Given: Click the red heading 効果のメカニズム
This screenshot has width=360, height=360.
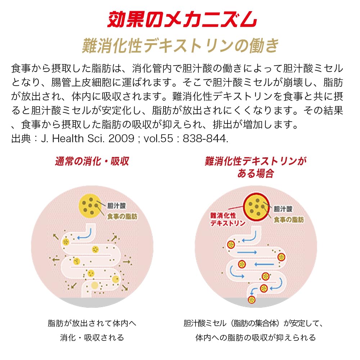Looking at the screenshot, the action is pyautogui.click(x=182, y=19).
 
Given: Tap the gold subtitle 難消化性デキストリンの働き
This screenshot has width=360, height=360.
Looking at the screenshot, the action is pyautogui.click(x=180, y=45).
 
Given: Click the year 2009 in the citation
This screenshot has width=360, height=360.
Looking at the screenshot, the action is pyautogui.click(x=121, y=139).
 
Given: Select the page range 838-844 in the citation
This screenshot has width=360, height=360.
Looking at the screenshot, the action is pyautogui.click(x=205, y=139).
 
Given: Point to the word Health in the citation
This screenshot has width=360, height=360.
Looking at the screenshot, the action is pyautogui.click(x=68, y=139).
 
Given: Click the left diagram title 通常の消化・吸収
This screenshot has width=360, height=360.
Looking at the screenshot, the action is pyautogui.click(x=92, y=161).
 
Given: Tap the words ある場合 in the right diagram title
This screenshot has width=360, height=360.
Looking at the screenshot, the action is pyautogui.click(x=256, y=174).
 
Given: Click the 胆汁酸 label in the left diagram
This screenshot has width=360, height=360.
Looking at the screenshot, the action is pyautogui.click(x=116, y=206).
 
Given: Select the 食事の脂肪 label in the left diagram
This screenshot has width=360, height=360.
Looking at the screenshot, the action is pyautogui.click(x=122, y=216).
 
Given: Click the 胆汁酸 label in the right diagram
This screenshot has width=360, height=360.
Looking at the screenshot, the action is pyautogui.click(x=283, y=209).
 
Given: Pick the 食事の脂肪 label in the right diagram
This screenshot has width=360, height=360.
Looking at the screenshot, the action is pyautogui.click(x=289, y=220).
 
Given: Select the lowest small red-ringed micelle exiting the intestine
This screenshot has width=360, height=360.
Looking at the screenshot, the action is pyautogui.click(x=252, y=300).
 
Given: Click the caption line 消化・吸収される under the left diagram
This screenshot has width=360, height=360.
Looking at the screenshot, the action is pyautogui.click(x=92, y=338).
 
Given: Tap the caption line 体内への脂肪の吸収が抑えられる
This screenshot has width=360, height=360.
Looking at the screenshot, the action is pyautogui.click(x=256, y=338).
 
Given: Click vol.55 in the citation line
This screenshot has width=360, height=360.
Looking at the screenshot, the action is pyautogui.click(x=158, y=139).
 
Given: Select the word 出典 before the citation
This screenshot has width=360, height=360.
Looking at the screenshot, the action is pyautogui.click(x=21, y=139).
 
